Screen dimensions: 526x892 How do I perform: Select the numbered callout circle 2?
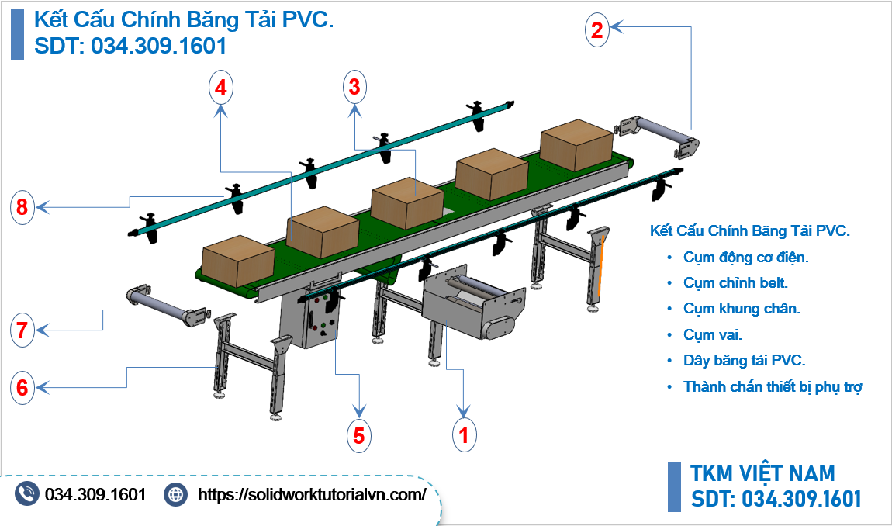(596, 30)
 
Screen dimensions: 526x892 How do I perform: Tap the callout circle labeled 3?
(354, 88)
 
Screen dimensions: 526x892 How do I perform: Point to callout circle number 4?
(221, 88)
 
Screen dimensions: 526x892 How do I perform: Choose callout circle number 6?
(22, 387)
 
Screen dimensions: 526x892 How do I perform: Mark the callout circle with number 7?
(22, 331)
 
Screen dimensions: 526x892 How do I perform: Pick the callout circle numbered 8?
(22, 207)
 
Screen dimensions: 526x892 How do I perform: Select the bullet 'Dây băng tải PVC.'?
(745, 361)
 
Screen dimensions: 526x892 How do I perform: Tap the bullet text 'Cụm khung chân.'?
(742, 309)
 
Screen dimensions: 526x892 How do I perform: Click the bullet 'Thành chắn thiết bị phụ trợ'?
(773, 386)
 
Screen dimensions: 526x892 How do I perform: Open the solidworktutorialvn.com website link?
(313, 494)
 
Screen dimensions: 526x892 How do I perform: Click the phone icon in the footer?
(27, 494)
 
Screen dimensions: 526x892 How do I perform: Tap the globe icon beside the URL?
(177, 494)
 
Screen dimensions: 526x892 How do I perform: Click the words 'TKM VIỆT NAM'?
(762, 473)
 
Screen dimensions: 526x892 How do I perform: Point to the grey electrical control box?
(320, 324)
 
